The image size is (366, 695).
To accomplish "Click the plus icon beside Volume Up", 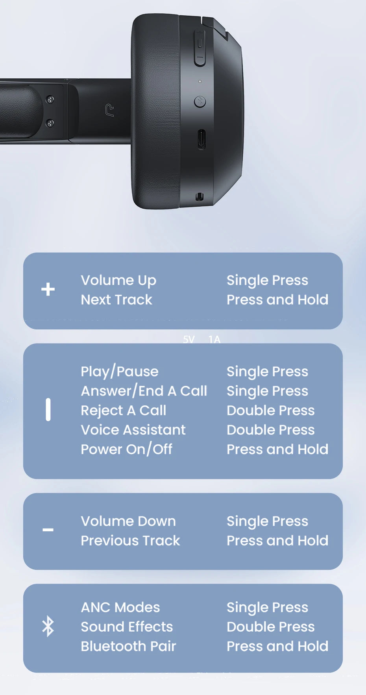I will (48, 289).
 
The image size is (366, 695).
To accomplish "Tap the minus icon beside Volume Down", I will (48, 530).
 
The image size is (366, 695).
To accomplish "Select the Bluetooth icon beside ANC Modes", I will (48, 626).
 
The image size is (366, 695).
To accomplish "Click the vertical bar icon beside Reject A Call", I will (48, 410).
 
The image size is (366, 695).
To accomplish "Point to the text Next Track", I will (116, 300).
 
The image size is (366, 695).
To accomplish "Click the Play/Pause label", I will (120, 372).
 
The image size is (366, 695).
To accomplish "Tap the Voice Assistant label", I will (133, 430).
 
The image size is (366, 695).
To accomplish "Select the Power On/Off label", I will (127, 449).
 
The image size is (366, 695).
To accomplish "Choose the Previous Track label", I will (130, 541).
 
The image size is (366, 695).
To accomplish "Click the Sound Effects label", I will (127, 627).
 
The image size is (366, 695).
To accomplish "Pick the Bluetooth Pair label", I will (128, 646).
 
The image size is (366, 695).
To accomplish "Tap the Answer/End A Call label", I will (144, 391).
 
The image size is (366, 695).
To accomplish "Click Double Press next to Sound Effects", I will (271, 627).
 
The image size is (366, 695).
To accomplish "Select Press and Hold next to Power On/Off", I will (277, 449).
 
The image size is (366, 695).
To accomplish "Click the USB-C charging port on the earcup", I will (201, 139).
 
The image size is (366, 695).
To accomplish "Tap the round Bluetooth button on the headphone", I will (200, 102).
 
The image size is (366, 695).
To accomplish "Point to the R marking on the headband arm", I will (110, 110).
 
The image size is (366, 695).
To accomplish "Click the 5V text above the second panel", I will (189, 339).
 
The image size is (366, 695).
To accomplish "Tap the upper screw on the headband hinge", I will (50, 100).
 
